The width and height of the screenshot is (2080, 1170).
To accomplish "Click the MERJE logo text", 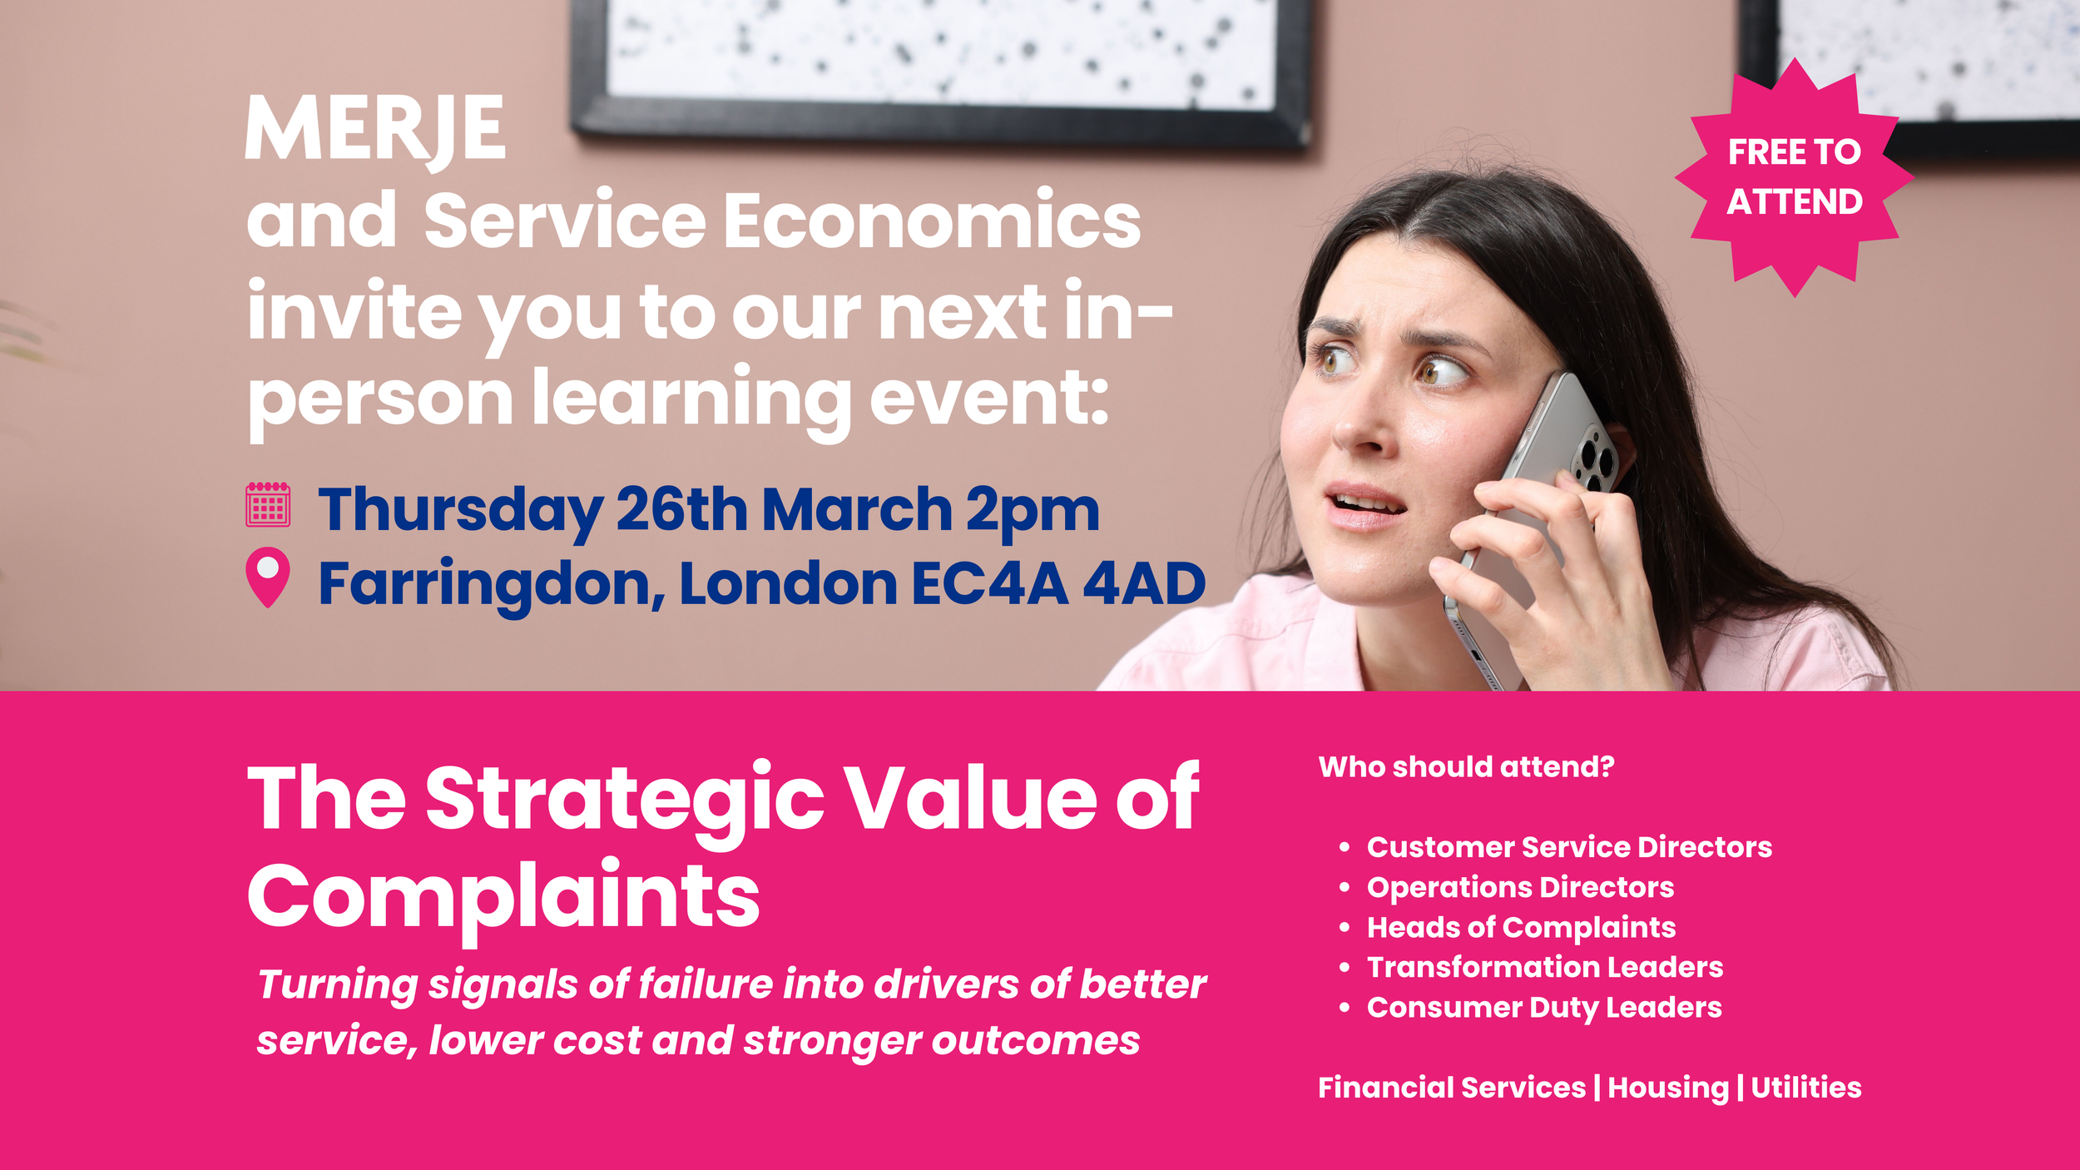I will [375, 129].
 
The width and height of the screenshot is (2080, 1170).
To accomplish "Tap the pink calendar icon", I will [268, 504].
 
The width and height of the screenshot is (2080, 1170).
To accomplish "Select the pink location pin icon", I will [268, 575].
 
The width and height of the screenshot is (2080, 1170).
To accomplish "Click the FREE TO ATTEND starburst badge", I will [1794, 176].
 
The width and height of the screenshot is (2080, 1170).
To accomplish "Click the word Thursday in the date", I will [460, 510].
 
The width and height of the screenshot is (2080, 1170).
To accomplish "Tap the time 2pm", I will [1033, 510].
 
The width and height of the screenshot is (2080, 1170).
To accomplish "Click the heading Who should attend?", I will [1466, 766].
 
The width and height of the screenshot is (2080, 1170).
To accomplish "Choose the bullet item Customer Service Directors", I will [1569, 847].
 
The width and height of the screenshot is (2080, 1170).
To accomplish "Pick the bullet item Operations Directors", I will [1520, 887].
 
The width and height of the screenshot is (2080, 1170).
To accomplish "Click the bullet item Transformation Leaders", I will [1545, 967].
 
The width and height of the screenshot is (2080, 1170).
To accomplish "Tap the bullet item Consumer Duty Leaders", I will [1544, 1008].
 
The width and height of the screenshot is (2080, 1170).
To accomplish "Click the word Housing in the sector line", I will [1667, 1088].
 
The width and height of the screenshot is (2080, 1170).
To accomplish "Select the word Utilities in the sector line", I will [1806, 1088].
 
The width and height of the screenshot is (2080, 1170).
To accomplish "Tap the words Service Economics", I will [782, 221].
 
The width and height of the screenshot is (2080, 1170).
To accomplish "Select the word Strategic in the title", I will [624, 799].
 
